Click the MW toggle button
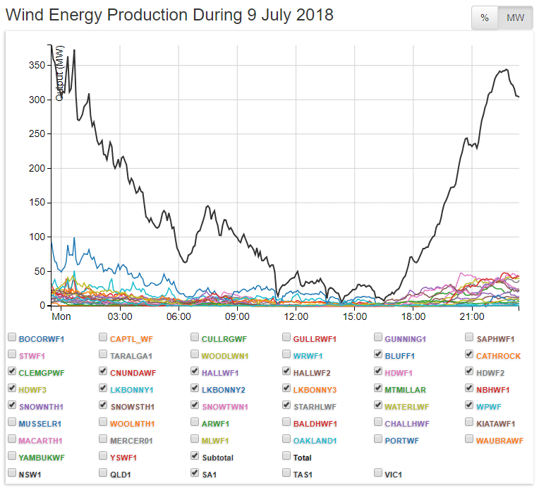pyautogui.click(x=515, y=18)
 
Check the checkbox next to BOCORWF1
pyautogui.click(x=12, y=338)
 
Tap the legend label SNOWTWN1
pyautogui.click(x=224, y=406)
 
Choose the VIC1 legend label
pyautogui.click(x=398, y=474)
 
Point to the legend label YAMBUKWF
pyautogui.click(x=42, y=457)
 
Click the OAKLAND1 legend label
pyautogui.click(x=315, y=440)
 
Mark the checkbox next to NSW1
pyautogui.click(x=12, y=474)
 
